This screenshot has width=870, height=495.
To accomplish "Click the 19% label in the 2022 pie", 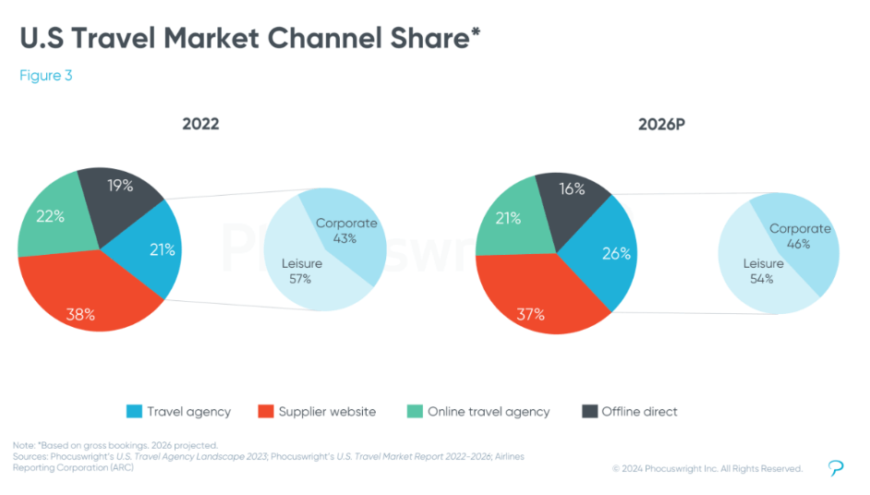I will tap(120, 185).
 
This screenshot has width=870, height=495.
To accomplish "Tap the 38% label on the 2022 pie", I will tap(81, 314).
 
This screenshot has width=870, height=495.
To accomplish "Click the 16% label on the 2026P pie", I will tap(573, 188).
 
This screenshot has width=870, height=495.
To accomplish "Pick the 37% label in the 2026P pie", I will tap(530, 314).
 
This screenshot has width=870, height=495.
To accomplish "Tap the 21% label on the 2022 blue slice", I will tap(163, 249).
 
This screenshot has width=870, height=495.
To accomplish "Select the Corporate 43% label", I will tap(346, 230).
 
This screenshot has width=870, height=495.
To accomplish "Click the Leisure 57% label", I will tap(301, 271).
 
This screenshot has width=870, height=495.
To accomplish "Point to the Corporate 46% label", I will tap(800, 236).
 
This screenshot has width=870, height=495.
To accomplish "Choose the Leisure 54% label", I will tap(763, 271).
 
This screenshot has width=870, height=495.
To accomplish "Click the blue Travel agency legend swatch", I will tap(133, 412).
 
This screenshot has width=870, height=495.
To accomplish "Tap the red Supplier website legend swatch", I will tap(262, 412).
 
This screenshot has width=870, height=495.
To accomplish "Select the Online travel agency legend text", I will tap(488, 412).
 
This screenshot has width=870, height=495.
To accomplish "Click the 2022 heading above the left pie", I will tap(200, 124).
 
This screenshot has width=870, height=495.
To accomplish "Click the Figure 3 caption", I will tap(46, 76).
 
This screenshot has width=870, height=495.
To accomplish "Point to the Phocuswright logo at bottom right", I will tap(836, 468).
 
